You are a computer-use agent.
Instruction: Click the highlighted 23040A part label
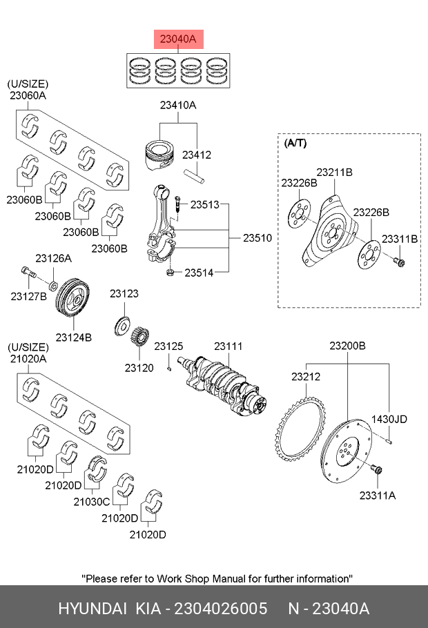pos(178,39)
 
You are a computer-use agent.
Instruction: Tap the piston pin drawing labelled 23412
pos(195,176)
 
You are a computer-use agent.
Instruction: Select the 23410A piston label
pos(178,105)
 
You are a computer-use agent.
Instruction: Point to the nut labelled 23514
pos(170,273)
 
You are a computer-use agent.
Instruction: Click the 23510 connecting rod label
pos(257,238)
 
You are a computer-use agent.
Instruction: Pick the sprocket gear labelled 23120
pos(140,335)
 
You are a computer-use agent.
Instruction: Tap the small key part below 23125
pos(169,368)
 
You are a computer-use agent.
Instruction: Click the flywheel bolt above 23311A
pos(377,470)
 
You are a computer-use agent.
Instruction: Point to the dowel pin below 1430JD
pos(389,441)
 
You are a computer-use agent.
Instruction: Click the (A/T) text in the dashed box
pos(295,143)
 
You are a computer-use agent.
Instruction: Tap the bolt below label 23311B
pos(400,262)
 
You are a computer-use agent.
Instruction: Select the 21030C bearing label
pos(91,502)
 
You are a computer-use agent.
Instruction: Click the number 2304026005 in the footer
pos(221,609)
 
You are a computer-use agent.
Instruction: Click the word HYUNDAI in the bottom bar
pos(93,609)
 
